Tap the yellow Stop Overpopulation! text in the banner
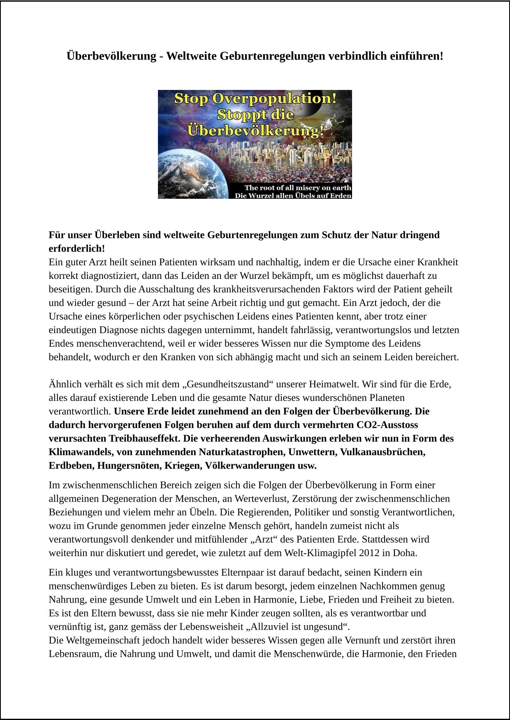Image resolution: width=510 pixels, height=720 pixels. point(255,99)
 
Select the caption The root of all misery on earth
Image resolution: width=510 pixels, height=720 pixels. point(298,188)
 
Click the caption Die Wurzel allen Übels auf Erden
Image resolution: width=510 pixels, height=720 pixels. point(293,196)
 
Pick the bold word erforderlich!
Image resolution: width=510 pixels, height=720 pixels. point(77,248)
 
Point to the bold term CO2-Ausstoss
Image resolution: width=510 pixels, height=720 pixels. point(389,425)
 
